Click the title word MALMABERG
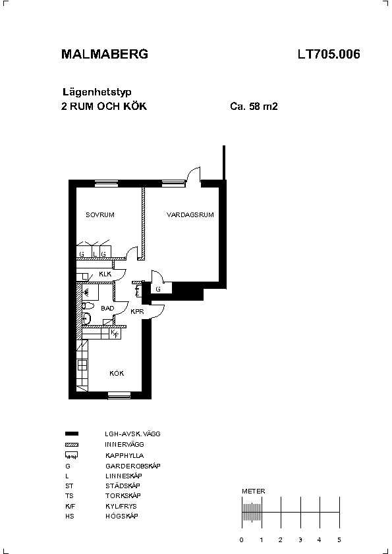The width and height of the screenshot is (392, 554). tap(105, 54)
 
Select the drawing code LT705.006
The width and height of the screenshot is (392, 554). tap(329, 54)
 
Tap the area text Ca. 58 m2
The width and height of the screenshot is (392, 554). tap(254, 107)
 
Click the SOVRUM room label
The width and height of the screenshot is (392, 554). tap(100, 214)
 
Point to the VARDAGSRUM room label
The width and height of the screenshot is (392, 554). tap(190, 214)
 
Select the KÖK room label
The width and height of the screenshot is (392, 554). tap(117, 373)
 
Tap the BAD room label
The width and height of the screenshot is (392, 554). tap(107, 308)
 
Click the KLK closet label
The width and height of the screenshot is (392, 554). tap(105, 274)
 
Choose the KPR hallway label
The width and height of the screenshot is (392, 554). tap(137, 312)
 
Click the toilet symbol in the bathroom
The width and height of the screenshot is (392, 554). tap(88, 305)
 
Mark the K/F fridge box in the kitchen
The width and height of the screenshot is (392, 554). tap(115, 334)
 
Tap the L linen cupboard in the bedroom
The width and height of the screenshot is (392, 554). tap(96, 251)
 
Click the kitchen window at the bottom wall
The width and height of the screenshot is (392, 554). tap(114, 394)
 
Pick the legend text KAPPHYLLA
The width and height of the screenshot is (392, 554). tap(125, 455)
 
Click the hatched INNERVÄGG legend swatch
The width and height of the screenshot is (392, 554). tap(72, 445)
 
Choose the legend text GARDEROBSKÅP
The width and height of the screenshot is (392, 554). tap(133, 466)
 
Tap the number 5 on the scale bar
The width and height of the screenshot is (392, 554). tap(339, 540)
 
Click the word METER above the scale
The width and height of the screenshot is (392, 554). tap(253, 491)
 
